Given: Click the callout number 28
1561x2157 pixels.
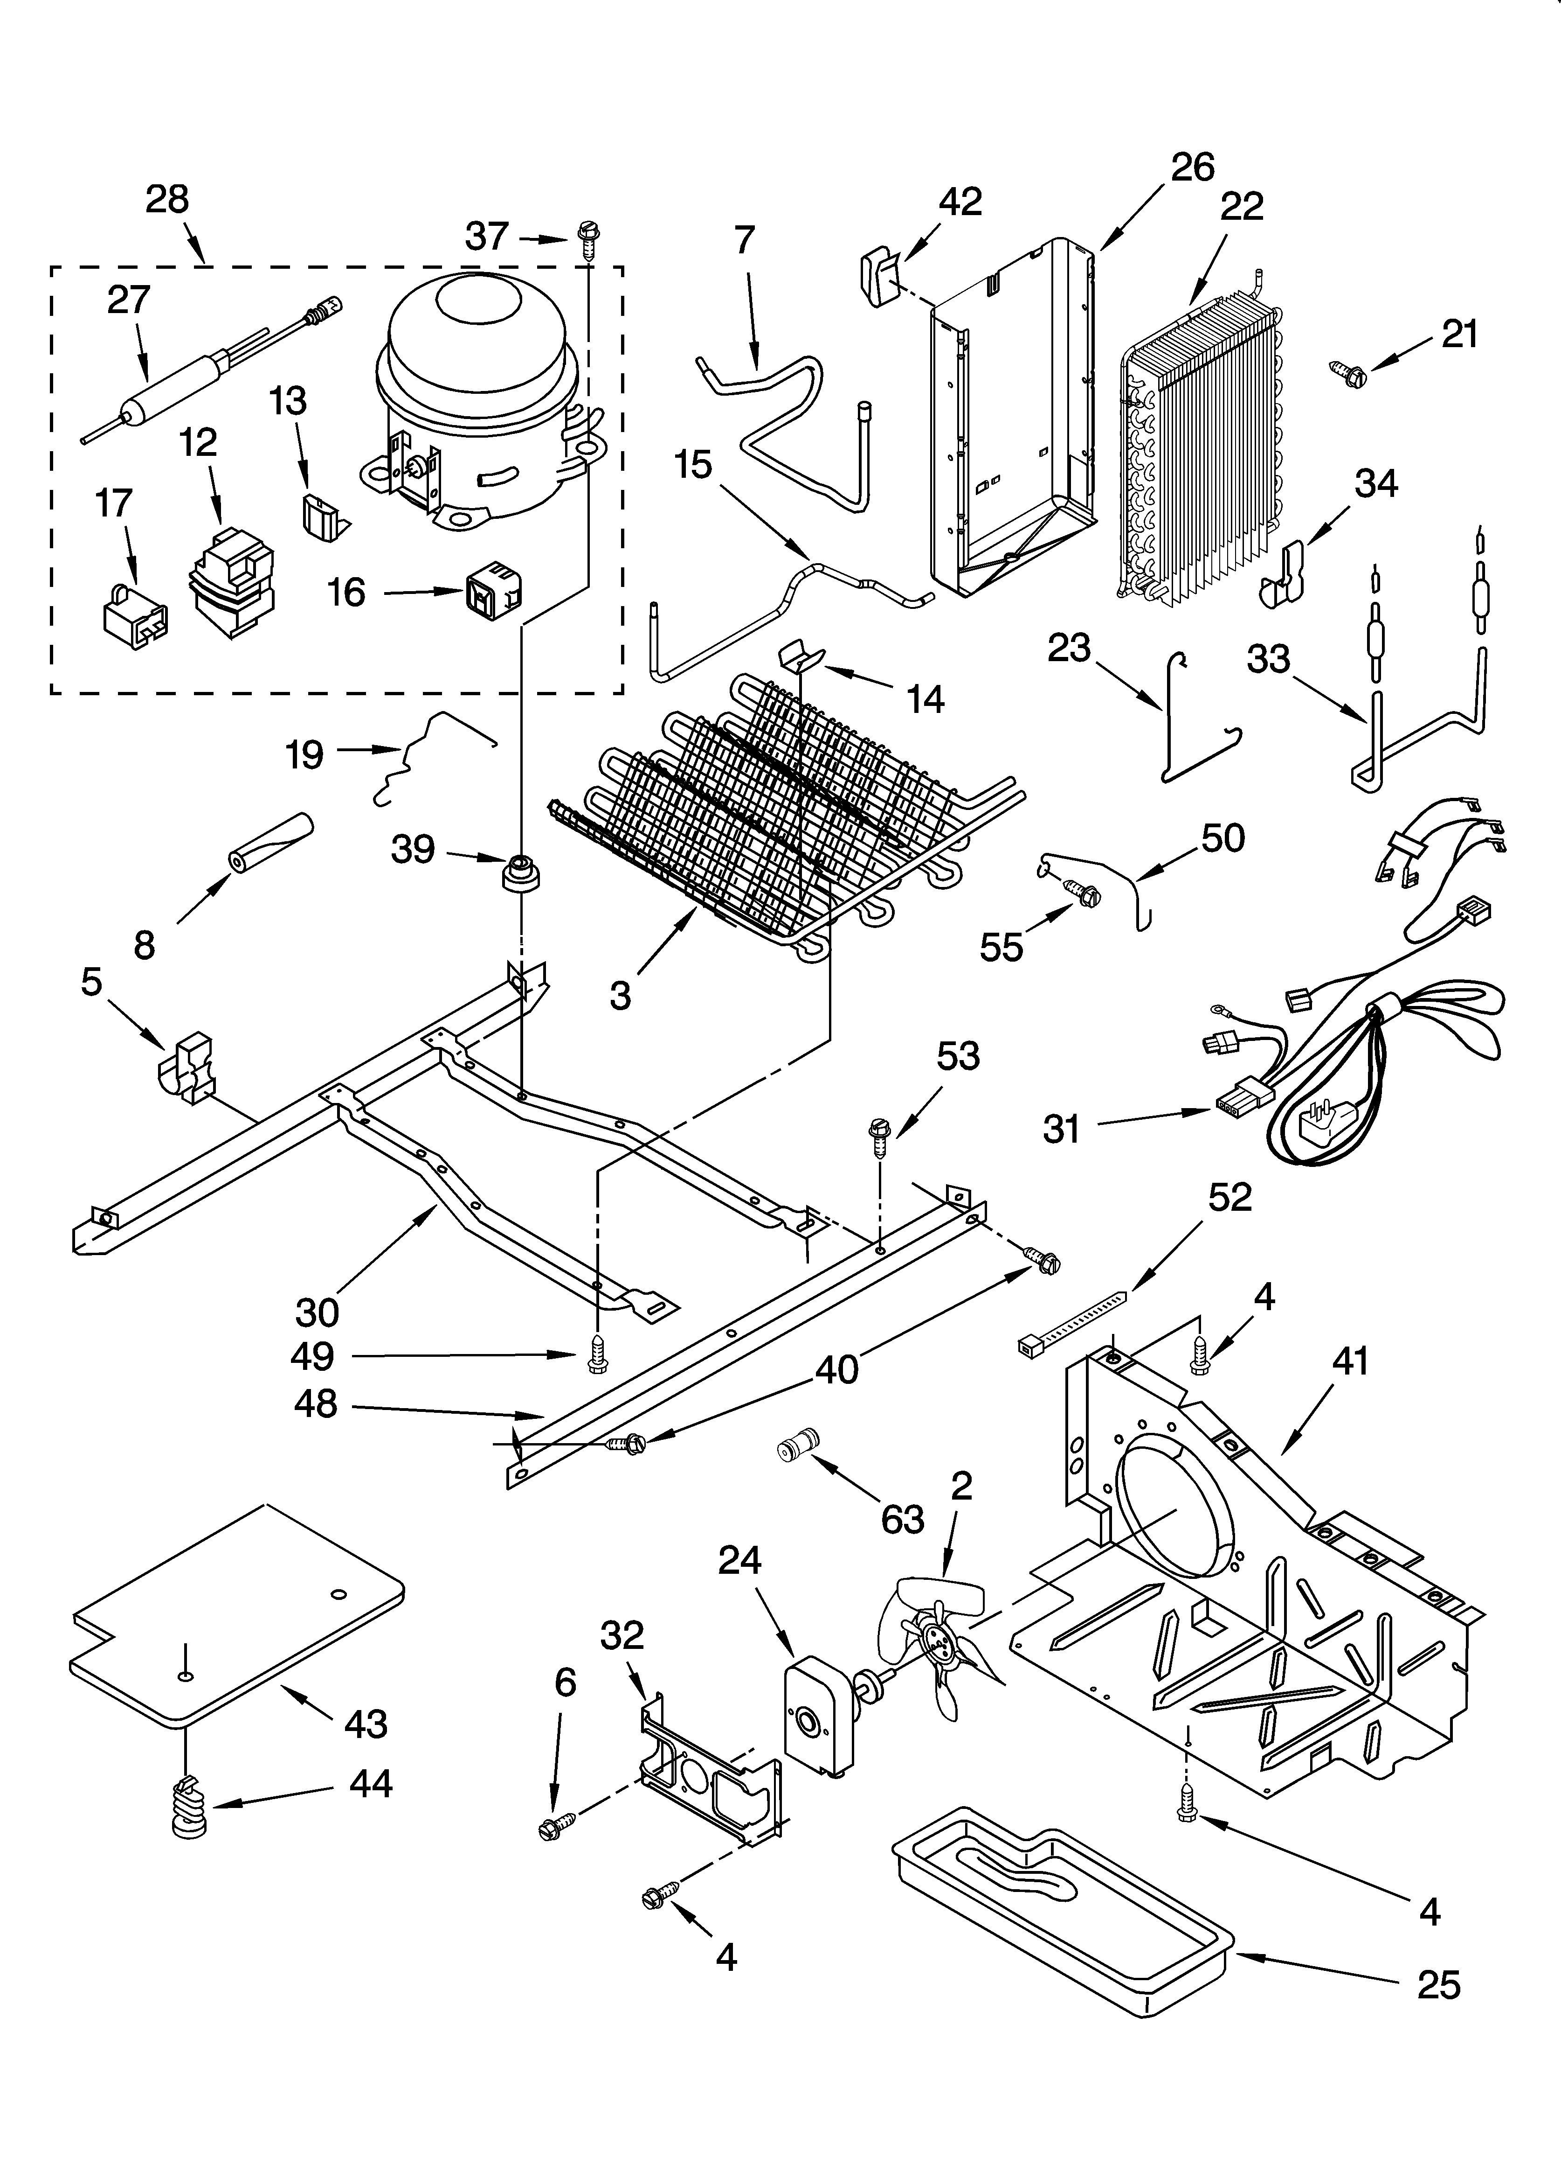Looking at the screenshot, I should [167, 200].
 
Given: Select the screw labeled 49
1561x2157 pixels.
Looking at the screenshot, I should [597, 1354].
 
